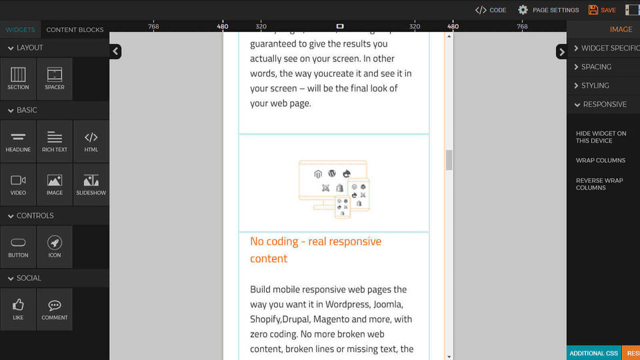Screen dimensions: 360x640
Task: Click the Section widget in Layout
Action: (18, 78)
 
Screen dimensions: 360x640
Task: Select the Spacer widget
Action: (55, 78)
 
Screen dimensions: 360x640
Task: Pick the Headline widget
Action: (18, 141)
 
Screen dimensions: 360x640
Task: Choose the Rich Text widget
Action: (55, 141)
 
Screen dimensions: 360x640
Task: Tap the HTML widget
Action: (91, 141)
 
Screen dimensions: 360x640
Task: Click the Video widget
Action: (18, 184)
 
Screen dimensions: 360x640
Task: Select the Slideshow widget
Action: (91, 184)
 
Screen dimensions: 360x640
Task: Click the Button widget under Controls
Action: (18, 246)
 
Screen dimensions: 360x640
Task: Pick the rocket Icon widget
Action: (55, 246)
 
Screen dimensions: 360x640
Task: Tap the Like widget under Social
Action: (18, 309)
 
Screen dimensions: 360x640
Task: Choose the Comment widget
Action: (55, 309)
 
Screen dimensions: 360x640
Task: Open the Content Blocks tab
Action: (75, 30)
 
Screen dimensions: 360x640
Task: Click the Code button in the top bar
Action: (491, 10)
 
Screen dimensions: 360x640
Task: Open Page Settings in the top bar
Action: (549, 10)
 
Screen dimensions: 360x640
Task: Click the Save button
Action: (602, 10)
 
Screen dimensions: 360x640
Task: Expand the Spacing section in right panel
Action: (596, 67)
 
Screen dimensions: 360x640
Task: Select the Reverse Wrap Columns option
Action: (599, 184)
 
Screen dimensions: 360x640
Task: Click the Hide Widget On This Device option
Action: (601, 137)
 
